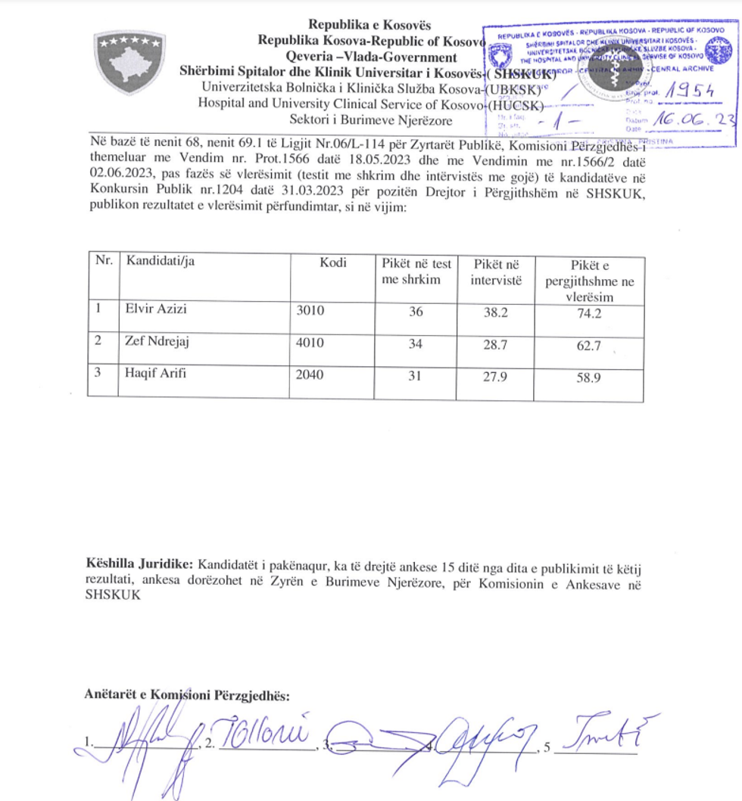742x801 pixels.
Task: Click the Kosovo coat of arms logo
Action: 128,62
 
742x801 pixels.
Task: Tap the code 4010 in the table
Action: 310,343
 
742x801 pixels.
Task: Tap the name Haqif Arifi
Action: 155,374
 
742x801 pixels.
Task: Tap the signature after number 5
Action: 603,734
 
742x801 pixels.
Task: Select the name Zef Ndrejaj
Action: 157,343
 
